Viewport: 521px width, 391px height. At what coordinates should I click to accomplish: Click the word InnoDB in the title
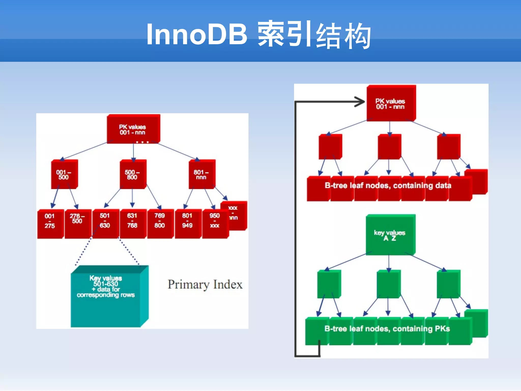coord(196,34)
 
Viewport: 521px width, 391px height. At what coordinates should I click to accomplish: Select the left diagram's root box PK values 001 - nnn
coord(133,129)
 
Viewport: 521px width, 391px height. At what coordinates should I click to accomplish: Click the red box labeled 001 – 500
coord(64,175)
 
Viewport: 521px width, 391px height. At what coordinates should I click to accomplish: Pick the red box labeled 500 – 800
coord(133,175)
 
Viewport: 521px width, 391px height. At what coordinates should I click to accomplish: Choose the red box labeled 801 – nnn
coord(201,175)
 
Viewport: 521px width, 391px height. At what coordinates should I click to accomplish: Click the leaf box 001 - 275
coord(50,224)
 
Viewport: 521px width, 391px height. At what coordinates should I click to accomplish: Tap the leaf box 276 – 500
coord(77,224)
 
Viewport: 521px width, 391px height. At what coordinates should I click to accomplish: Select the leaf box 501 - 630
coord(105,224)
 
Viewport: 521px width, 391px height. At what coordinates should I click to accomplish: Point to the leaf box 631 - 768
coord(133,224)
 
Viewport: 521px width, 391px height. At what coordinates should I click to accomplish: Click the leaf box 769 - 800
coord(160,224)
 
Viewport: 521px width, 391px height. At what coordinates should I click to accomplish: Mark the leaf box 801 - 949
coord(187,224)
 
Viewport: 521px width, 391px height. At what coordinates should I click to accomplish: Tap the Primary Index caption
coord(205,285)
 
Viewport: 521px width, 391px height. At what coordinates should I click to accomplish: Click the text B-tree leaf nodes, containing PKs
coord(387,329)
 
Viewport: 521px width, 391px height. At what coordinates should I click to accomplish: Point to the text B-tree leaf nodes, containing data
coord(388,186)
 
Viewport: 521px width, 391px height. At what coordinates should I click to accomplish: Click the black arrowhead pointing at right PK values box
coord(360,102)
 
